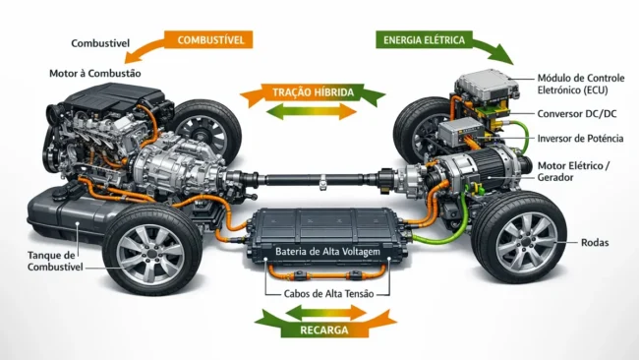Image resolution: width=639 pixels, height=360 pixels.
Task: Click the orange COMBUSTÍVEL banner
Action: [210, 40]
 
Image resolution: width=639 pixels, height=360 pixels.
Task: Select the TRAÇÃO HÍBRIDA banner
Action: [313, 93]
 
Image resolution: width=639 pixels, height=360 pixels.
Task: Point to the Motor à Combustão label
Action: [95, 74]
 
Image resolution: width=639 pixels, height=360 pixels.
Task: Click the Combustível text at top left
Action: [101, 44]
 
